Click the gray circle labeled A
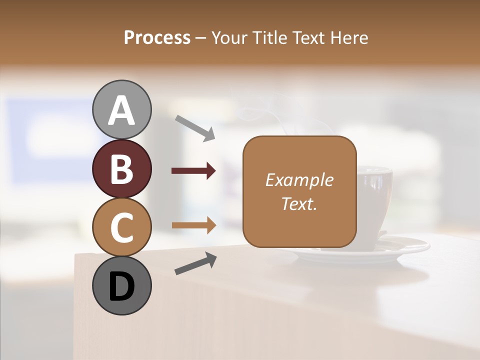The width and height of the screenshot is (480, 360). click(x=121, y=109)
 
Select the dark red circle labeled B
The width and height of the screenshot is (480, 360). click(x=121, y=168)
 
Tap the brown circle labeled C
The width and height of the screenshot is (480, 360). click(x=121, y=227)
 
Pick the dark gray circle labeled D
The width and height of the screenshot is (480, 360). click(x=121, y=286)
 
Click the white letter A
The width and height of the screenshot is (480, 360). click(x=121, y=110)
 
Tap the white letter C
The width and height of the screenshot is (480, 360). click(x=121, y=227)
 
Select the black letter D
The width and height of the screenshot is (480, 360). click(x=121, y=286)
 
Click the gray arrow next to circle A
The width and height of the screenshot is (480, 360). click(x=195, y=128)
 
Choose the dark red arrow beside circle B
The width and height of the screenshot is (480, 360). click(x=193, y=171)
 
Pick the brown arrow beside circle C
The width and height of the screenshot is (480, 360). click(x=193, y=225)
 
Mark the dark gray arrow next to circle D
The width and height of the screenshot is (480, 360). click(x=195, y=263)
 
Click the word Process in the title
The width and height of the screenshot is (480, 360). click(x=157, y=38)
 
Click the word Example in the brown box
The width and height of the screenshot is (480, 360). click(x=299, y=180)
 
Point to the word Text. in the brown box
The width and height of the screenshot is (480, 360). click(x=299, y=203)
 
